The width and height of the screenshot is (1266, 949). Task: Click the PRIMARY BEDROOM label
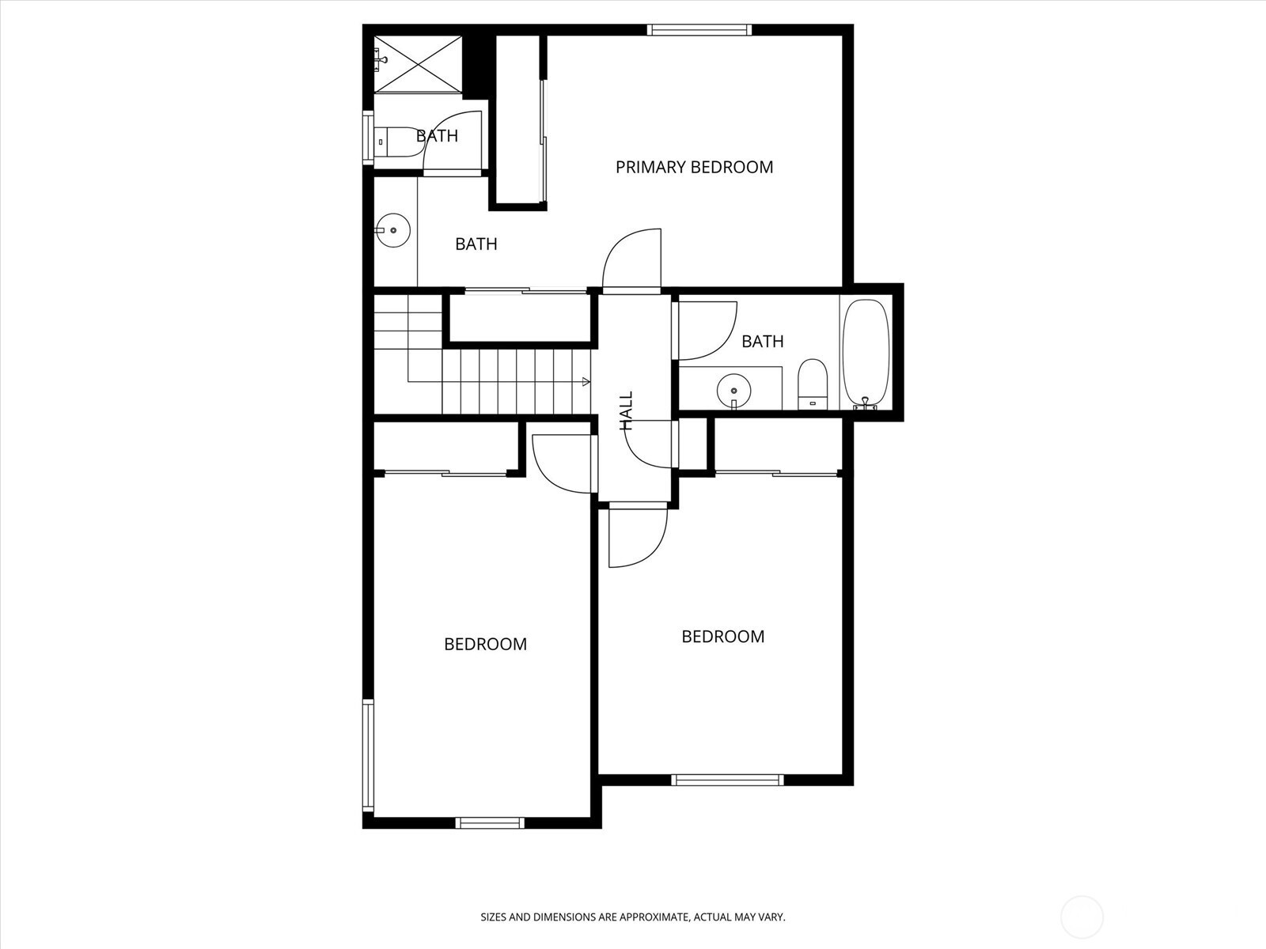pyautogui.click(x=694, y=167)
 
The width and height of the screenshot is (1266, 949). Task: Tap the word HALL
pyautogui.click(x=626, y=410)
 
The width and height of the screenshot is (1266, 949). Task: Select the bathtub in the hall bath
pyautogui.click(x=866, y=354)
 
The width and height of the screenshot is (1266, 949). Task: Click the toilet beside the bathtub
pyautogui.click(x=813, y=384)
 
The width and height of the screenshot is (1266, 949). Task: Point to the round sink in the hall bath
pyautogui.click(x=733, y=391)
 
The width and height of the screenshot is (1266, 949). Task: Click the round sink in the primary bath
pyautogui.click(x=392, y=230)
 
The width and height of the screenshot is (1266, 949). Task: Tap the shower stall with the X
pyautogui.click(x=418, y=63)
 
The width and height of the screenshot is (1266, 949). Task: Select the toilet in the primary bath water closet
pyautogui.click(x=399, y=142)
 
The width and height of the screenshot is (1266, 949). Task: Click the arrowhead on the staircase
pyautogui.click(x=586, y=381)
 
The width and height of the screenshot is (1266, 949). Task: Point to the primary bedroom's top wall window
pyautogui.click(x=699, y=30)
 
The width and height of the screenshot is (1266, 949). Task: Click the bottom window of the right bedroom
pyautogui.click(x=728, y=780)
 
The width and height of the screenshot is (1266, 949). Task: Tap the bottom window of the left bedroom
pyautogui.click(x=490, y=822)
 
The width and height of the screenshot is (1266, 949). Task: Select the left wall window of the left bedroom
pyautogui.click(x=368, y=756)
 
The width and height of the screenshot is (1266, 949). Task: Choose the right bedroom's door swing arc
pyautogui.click(x=650, y=550)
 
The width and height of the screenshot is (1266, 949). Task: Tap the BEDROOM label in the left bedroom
pyautogui.click(x=486, y=645)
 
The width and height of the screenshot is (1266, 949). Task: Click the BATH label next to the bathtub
pyautogui.click(x=763, y=342)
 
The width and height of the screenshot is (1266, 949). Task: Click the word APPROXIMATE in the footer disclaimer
pyautogui.click(x=654, y=917)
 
